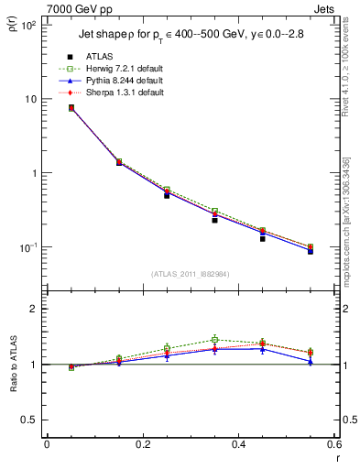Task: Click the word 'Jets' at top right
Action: [x=325, y=7]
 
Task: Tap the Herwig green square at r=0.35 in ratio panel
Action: [x=214, y=339]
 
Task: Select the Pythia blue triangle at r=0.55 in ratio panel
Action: [x=311, y=362]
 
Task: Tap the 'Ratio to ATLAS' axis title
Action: [x=13, y=366]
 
